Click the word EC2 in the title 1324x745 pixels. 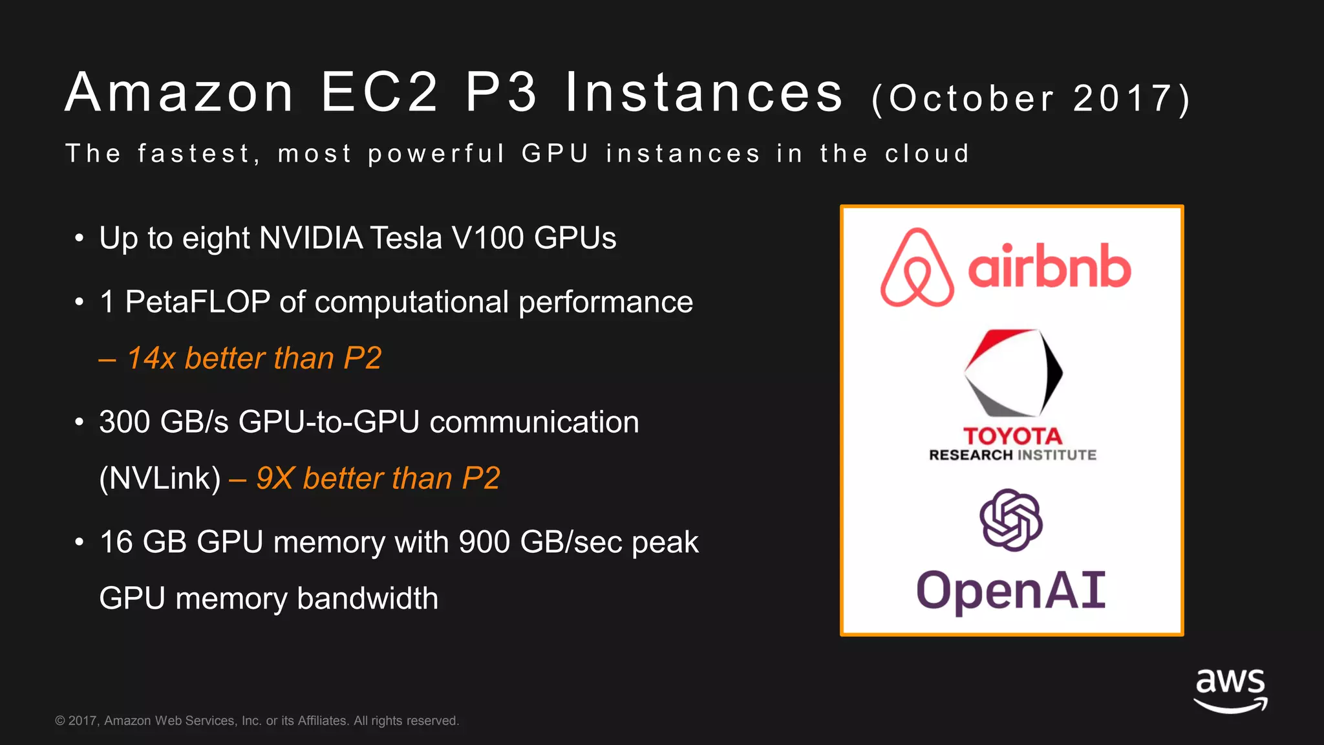[x=380, y=92]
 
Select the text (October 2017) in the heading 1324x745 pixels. [x=1031, y=98]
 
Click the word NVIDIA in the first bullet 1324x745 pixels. [x=311, y=238]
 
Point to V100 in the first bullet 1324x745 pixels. [x=487, y=238]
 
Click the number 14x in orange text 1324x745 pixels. [x=151, y=358]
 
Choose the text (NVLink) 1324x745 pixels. [x=160, y=479]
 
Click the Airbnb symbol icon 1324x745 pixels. [x=917, y=268]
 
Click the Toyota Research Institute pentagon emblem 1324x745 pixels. [x=1012, y=373]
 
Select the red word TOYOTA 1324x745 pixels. [x=1012, y=436]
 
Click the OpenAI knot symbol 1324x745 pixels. [x=1011, y=520]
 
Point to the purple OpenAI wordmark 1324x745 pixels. [x=1011, y=590]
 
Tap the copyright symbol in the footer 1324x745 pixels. [x=60, y=721]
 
